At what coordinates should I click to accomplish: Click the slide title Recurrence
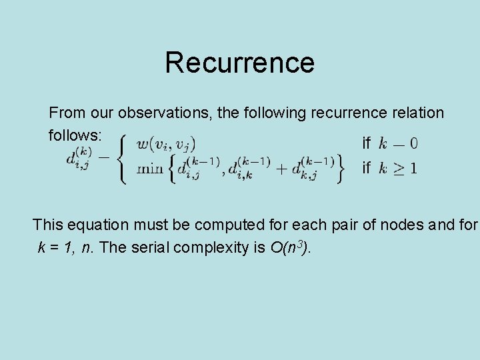coord(239,63)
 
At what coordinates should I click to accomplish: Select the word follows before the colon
coord(73,135)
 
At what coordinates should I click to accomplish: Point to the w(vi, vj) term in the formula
coord(166,144)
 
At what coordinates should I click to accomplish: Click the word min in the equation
coord(149,168)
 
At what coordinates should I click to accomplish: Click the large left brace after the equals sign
coord(122,158)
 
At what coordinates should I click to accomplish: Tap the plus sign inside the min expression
coord(283,168)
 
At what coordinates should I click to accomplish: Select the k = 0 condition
coord(398,143)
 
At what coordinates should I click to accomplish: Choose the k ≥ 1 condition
coord(398,168)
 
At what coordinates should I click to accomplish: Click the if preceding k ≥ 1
coord(366,168)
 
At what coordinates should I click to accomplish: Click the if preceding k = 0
coord(366,143)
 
